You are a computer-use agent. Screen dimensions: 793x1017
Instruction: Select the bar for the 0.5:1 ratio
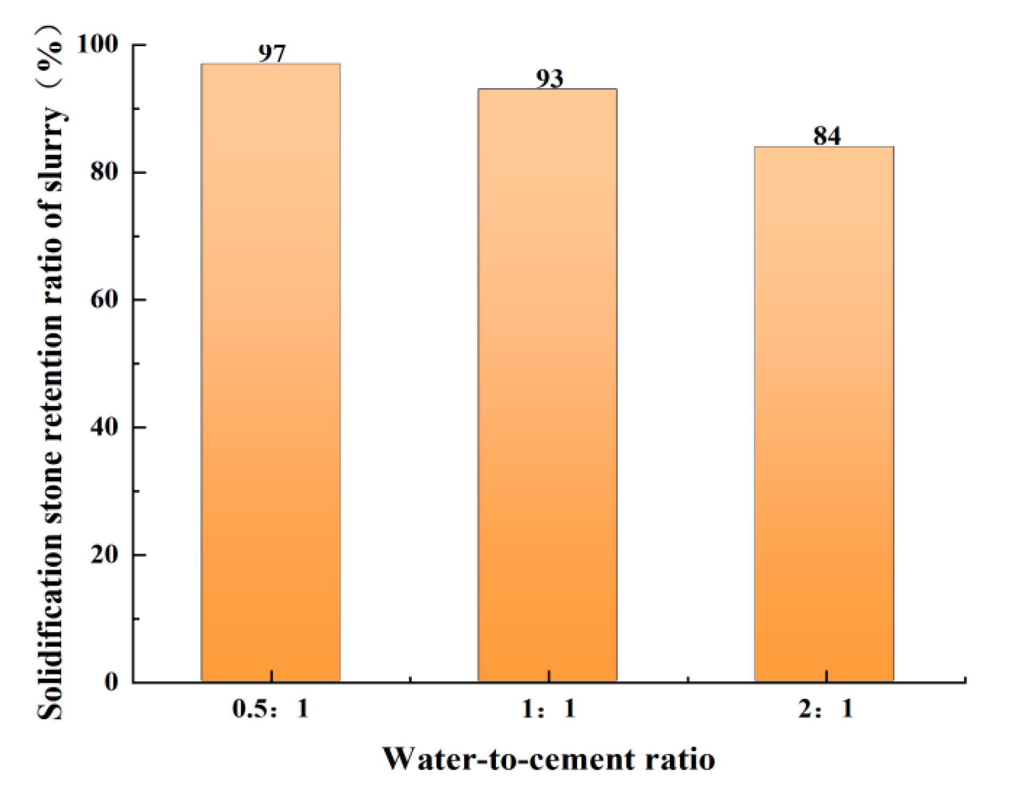pos(271,372)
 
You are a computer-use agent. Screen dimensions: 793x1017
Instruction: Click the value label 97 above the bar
pos(272,53)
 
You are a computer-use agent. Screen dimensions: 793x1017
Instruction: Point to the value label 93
pos(549,78)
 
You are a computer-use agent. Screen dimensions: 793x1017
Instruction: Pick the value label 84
pos(827,136)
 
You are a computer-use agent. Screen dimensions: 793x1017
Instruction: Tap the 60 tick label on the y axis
pos(104,299)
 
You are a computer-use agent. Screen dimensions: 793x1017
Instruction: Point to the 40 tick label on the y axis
pos(104,427)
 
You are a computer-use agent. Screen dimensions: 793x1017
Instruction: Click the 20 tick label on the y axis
pos(104,554)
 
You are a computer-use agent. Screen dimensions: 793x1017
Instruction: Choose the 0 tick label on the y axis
pos(111,681)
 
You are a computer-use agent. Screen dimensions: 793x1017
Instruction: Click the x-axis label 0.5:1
pos(271,708)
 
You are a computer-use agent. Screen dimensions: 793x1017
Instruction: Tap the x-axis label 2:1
pos(826,708)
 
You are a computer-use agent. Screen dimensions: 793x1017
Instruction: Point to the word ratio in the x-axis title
pos(680,759)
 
